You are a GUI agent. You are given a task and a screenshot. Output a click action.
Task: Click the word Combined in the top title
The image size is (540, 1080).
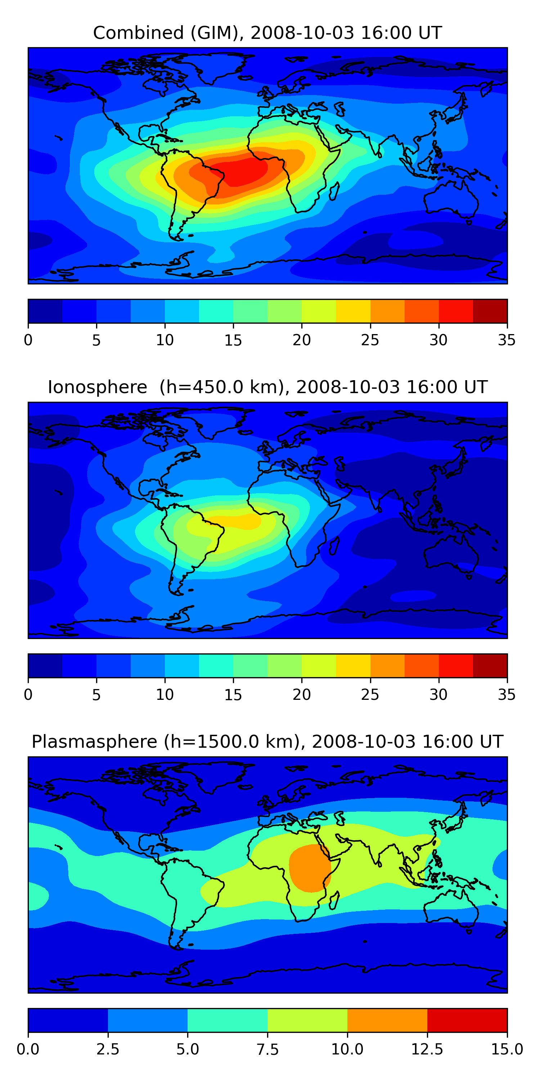click(x=138, y=33)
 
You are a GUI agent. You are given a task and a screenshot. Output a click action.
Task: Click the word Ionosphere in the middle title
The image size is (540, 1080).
click(x=97, y=387)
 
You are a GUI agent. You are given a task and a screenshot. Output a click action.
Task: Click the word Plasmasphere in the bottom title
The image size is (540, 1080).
click(x=94, y=742)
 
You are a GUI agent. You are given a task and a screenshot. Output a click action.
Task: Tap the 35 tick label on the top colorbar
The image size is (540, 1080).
click(x=507, y=340)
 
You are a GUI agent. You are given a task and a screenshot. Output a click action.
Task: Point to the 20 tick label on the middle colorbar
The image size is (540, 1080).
click(x=301, y=695)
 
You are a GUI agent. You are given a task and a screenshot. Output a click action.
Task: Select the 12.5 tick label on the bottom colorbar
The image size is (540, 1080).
click(x=427, y=1049)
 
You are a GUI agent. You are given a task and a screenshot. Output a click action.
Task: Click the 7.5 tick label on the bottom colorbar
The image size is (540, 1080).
click(x=267, y=1049)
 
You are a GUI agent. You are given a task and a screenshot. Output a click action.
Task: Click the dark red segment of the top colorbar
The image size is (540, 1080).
click(x=490, y=311)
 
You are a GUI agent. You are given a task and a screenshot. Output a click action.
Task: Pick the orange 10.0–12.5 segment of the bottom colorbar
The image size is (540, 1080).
click(x=387, y=1020)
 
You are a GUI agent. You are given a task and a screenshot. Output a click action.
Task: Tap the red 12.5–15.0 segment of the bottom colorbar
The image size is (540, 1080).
click(x=467, y=1020)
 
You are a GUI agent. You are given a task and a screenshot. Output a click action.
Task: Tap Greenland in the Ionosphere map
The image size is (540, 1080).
click(x=218, y=419)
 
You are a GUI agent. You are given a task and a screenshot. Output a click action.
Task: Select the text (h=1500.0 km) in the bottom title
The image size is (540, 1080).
click(x=232, y=742)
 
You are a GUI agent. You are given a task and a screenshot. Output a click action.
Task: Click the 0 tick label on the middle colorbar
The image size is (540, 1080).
click(x=28, y=695)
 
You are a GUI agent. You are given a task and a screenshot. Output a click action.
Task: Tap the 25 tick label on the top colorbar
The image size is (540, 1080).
click(x=370, y=340)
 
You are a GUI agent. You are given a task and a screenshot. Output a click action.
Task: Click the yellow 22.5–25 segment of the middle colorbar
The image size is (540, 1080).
click(x=353, y=665)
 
